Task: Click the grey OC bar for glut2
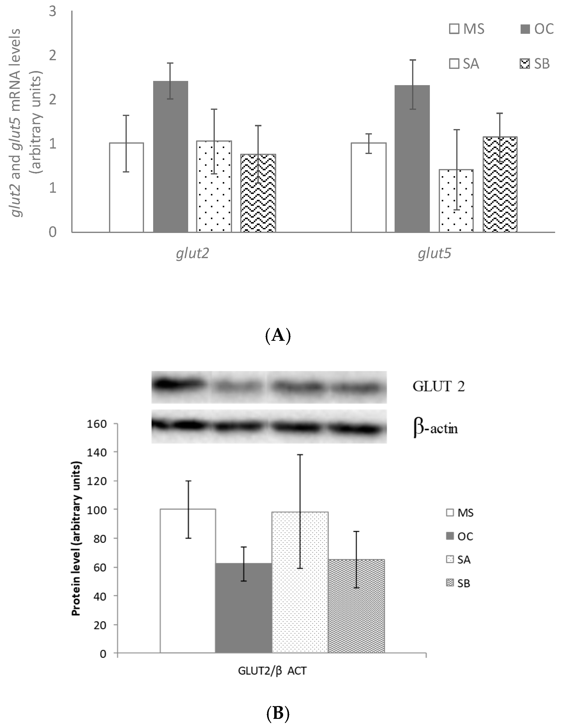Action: click(170, 156)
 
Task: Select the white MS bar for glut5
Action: click(368, 187)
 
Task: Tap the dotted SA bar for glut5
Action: click(456, 201)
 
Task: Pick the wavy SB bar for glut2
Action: click(258, 193)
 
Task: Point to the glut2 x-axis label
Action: click(193, 254)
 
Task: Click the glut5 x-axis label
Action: click(434, 254)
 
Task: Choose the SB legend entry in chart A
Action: click(534, 64)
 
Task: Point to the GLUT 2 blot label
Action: click(438, 386)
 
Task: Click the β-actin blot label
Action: click(436, 428)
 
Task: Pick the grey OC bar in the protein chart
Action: click(244, 608)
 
